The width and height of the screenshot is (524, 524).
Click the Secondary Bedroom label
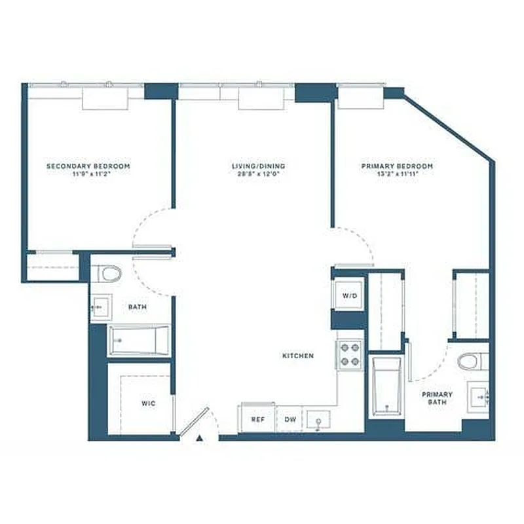88,166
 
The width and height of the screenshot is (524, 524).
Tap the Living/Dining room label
258,166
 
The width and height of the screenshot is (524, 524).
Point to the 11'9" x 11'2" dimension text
88,174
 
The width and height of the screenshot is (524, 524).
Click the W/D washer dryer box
350,295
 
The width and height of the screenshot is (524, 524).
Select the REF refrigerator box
258,419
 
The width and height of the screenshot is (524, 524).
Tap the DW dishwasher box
289,419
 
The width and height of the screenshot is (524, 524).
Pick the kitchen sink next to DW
318,419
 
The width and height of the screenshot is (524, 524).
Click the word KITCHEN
298,356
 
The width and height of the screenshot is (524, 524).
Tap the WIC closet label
148,403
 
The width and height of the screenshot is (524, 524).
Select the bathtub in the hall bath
139,340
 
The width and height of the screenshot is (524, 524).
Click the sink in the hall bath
100,307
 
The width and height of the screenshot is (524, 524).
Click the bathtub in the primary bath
386,386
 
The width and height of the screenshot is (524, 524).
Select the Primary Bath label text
437,398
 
